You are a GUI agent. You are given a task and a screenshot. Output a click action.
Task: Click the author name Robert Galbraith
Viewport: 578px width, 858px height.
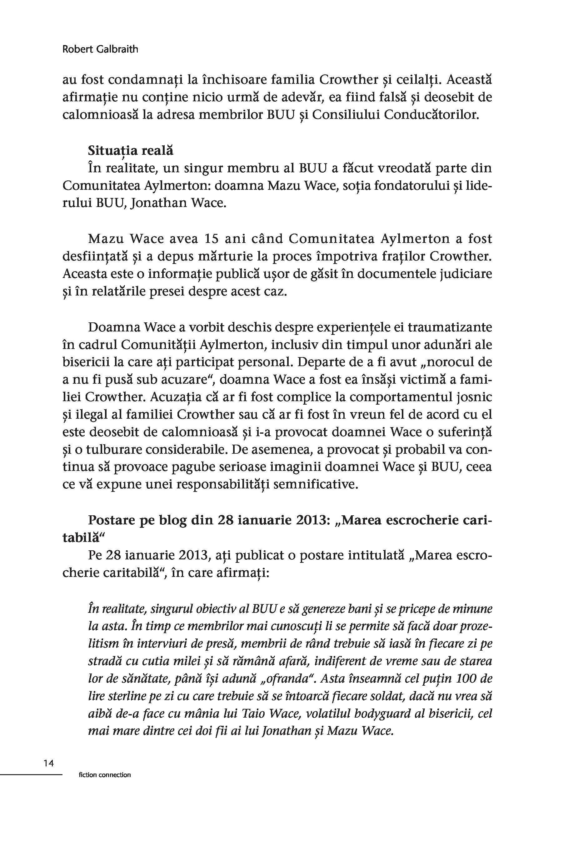[100, 49]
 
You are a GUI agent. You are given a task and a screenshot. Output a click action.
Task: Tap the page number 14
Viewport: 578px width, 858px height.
[48, 763]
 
